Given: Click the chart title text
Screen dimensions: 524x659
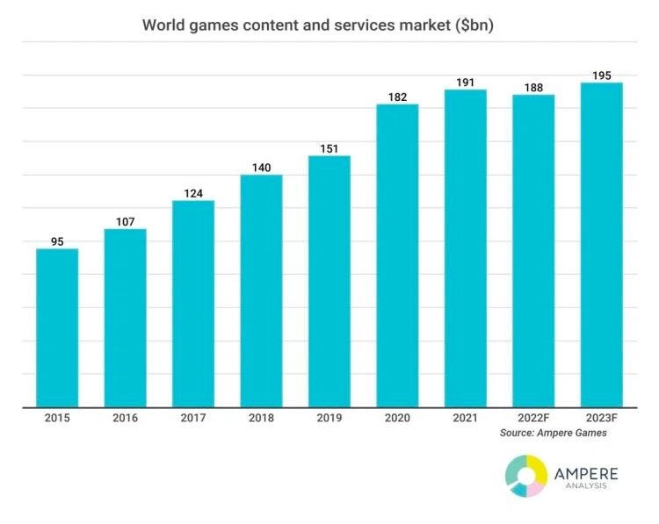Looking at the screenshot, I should (317, 25).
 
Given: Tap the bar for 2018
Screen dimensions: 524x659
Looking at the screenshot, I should (261, 291).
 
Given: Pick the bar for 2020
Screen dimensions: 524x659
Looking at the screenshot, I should (397, 255).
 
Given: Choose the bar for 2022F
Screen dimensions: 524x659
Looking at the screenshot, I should (533, 250).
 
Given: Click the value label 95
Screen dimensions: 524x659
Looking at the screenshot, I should (57, 240).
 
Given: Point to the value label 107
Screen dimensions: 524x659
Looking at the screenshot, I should (125, 221).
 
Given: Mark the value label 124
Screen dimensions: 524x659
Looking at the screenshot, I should (193, 192).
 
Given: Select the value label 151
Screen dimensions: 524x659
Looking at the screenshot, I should (329, 147).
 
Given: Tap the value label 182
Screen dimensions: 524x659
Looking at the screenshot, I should (397, 97).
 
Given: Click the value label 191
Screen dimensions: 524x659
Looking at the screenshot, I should (465, 83).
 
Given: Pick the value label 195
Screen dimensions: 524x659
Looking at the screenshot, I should (601, 75).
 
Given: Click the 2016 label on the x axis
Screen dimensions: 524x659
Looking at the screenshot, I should (125, 419).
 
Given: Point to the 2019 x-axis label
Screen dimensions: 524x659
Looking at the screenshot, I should (329, 419).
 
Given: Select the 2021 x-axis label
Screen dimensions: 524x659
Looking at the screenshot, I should (465, 419).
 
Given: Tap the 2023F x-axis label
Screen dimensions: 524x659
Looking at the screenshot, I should (601, 419).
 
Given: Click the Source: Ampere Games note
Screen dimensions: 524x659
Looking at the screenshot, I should (553, 433).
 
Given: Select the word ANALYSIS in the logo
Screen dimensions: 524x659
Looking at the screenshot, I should (586, 490).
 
